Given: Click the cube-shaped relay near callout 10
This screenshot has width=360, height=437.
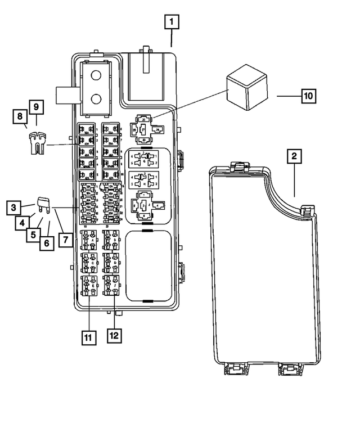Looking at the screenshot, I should (247, 88).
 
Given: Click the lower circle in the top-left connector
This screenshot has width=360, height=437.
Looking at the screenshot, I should (96, 100).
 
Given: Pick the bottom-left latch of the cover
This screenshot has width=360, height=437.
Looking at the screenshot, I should (235, 368).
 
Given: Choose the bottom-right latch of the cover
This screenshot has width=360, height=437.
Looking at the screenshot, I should (290, 370).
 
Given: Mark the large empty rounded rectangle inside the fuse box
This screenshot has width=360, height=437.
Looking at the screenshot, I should (149, 266).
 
